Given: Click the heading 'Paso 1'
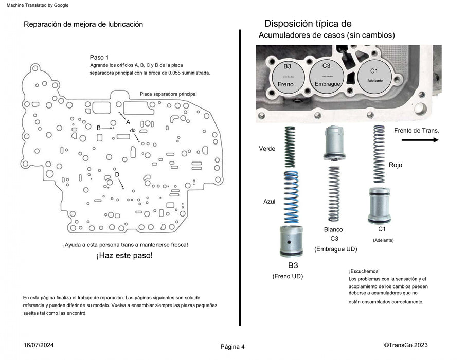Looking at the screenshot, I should [x=99, y=57].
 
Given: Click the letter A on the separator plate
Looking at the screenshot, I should [x=128, y=122].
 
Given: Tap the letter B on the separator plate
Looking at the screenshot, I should [x=99, y=127].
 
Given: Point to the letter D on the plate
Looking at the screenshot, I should [x=117, y=175].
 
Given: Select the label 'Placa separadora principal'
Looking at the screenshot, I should [x=168, y=94].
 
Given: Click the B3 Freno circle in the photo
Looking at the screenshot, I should [x=286, y=75].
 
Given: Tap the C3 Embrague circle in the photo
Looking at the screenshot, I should [x=327, y=75].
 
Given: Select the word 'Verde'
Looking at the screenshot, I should [x=267, y=149].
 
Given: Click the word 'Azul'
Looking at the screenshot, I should [x=270, y=202].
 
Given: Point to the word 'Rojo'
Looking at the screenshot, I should [x=396, y=165].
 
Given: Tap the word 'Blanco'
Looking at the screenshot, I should [x=333, y=229].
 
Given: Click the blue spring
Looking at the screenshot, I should [x=292, y=197].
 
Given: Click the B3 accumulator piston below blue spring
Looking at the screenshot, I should [x=292, y=241].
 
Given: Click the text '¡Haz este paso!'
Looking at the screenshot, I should [x=124, y=255].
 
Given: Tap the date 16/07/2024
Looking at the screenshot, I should [x=39, y=345].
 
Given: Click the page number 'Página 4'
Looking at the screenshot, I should [x=232, y=347].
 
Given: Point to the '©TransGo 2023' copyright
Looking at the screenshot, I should [x=406, y=345].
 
